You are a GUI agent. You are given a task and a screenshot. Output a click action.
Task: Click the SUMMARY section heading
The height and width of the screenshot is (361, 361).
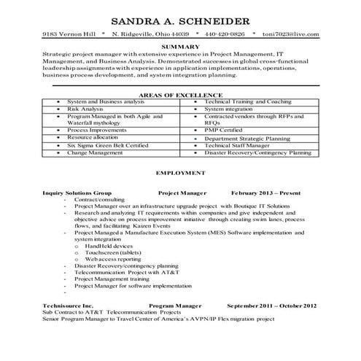pos(180,47)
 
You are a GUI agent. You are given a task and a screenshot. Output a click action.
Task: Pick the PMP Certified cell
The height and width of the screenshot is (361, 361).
pos(227,130)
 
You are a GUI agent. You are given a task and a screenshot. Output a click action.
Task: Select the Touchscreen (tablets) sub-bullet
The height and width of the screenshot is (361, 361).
pos(116,252)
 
